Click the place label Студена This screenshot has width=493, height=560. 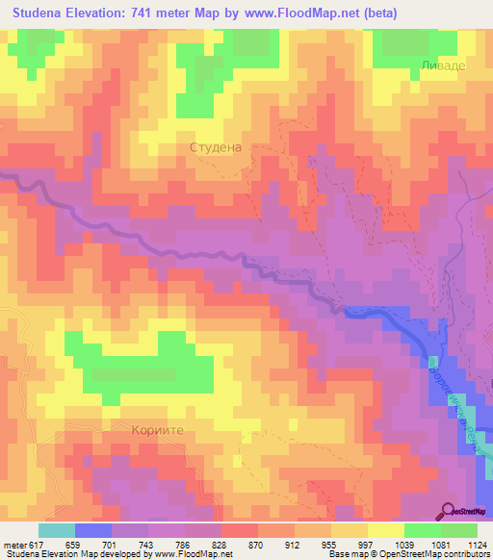[215, 148]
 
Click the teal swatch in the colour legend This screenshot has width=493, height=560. [57, 530]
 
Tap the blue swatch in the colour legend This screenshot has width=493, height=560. [93, 530]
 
